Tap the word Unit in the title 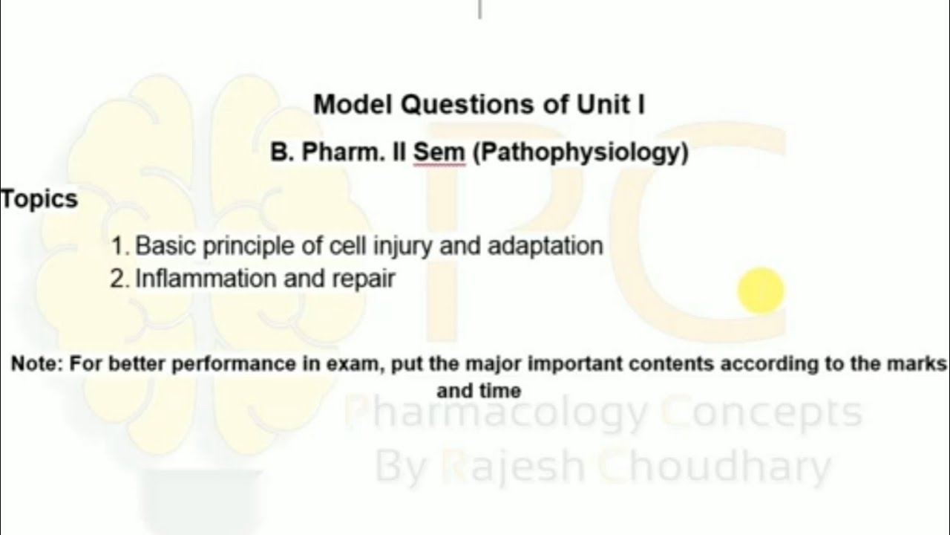(600, 105)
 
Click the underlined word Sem (439, 152)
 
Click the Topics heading (39, 199)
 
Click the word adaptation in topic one (546, 246)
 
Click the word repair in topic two (367, 280)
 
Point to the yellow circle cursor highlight (761, 291)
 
